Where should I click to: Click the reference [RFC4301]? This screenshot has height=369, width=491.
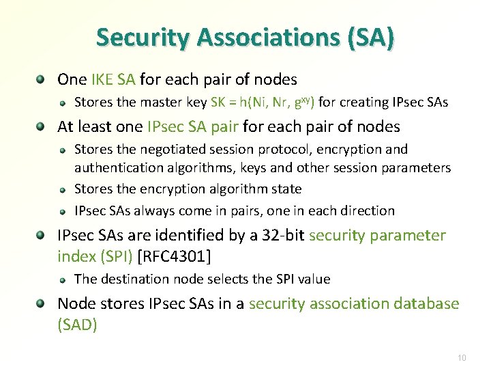click(x=175, y=257)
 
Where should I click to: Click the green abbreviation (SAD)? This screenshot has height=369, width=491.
click(x=78, y=325)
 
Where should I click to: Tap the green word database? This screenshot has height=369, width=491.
click(x=426, y=303)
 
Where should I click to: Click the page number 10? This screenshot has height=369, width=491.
click(x=462, y=357)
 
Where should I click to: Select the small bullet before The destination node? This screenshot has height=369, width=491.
click(x=62, y=279)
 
